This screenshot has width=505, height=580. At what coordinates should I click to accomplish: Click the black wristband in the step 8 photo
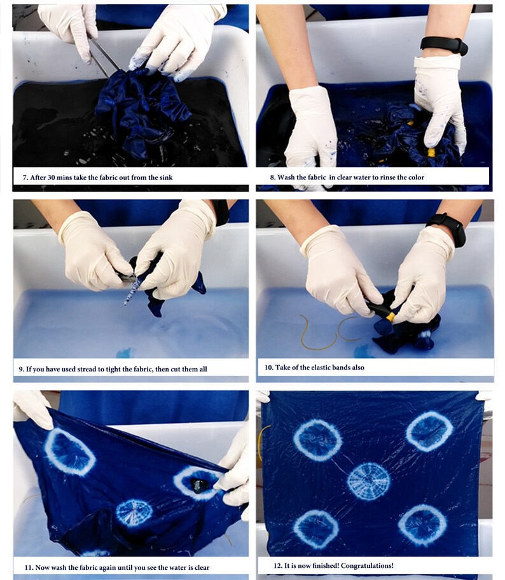coord(444,45)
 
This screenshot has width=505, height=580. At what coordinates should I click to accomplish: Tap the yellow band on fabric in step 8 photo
coord(432,153)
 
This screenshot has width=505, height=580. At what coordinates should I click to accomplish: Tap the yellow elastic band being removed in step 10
coord(388,312)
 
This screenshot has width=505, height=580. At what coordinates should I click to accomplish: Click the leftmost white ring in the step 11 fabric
coord(69,452)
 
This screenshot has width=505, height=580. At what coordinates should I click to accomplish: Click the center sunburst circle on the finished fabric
coord(368,481)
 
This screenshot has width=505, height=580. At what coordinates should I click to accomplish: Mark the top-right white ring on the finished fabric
coord(429,431)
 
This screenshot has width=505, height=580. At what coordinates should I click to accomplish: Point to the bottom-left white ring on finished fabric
coord(316,528)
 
